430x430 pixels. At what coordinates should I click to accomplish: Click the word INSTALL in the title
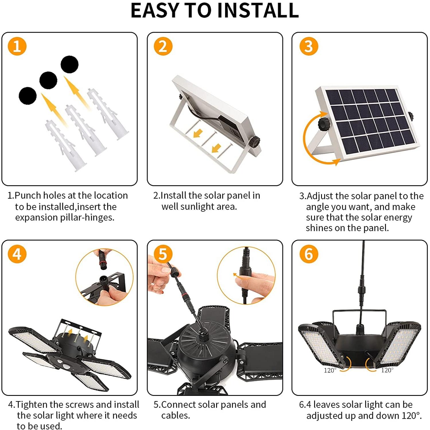[258, 10]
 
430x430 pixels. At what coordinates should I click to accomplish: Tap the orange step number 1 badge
[17, 46]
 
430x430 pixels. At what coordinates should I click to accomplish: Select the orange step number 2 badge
[163, 46]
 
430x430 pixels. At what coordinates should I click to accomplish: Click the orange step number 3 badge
[309, 46]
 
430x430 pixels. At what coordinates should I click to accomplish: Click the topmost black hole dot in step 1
[70, 64]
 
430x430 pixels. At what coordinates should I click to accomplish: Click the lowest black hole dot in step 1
[28, 96]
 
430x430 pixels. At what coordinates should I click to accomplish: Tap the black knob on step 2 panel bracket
[254, 142]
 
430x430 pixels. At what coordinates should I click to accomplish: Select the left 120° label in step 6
[330, 370]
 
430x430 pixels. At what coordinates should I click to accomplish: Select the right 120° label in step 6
[387, 370]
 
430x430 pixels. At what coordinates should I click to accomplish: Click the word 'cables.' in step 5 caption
[175, 415]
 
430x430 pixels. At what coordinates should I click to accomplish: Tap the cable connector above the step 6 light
[361, 290]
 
